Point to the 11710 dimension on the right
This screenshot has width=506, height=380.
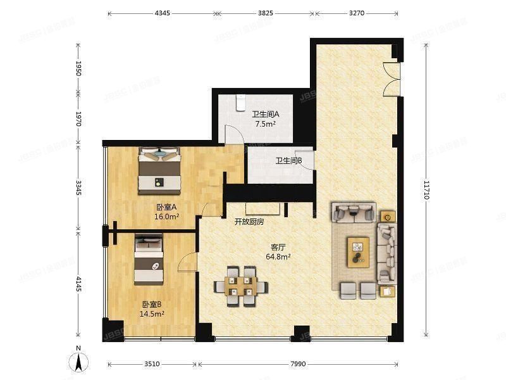coord(428,188)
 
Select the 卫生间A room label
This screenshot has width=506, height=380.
coord(265,115)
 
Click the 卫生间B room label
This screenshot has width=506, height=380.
coord(288,161)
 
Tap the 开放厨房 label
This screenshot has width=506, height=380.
coord(249,222)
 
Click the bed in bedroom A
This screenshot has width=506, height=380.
coord(159,170)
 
